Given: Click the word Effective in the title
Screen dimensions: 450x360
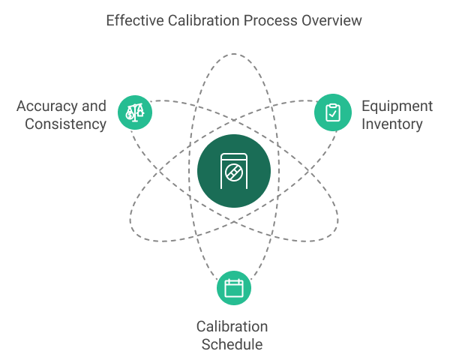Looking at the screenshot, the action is click(135, 21).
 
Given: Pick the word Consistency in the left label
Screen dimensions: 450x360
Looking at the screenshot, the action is click(66, 124).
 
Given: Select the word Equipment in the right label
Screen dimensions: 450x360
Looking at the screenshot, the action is click(397, 107).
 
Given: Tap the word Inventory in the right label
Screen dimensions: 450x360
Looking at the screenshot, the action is click(392, 125).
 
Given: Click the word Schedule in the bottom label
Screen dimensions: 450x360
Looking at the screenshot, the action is click(232, 344).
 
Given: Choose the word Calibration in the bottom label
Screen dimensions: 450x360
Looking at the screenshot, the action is click(232, 327).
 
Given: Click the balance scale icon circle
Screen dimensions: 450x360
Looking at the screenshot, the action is click(135, 112).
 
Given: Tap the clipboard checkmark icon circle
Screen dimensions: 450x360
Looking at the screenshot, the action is click(333, 112).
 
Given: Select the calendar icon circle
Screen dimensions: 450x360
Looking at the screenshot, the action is click(234, 288).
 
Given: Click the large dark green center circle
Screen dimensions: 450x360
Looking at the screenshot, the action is click(234, 171).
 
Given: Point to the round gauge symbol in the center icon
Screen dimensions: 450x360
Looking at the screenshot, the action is click(234, 172).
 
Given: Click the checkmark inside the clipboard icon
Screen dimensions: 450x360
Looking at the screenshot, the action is click(333, 114).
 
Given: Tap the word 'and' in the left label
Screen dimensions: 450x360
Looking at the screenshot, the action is click(94, 106).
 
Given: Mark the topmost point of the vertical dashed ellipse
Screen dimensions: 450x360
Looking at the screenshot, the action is click(234, 54).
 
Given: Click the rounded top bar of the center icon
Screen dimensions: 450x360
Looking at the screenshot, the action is click(234, 157).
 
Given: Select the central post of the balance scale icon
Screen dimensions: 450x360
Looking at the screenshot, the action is click(135, 113).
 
